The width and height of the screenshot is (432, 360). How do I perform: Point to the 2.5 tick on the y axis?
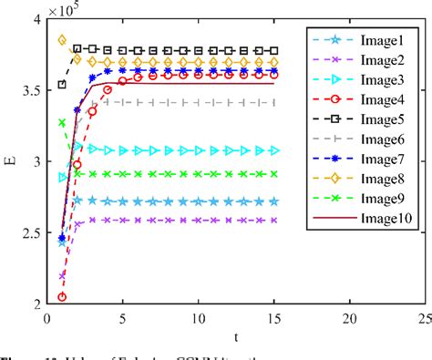coord(27,233)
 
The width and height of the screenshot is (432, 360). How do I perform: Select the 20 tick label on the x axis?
coord(349,318)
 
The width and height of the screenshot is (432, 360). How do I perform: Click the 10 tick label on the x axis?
coord(198,318)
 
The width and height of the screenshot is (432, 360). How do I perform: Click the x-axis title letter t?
coord(236,337)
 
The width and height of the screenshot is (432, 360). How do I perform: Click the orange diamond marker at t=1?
coord(62,40)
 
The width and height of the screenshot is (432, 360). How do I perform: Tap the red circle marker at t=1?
coord(62,296)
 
